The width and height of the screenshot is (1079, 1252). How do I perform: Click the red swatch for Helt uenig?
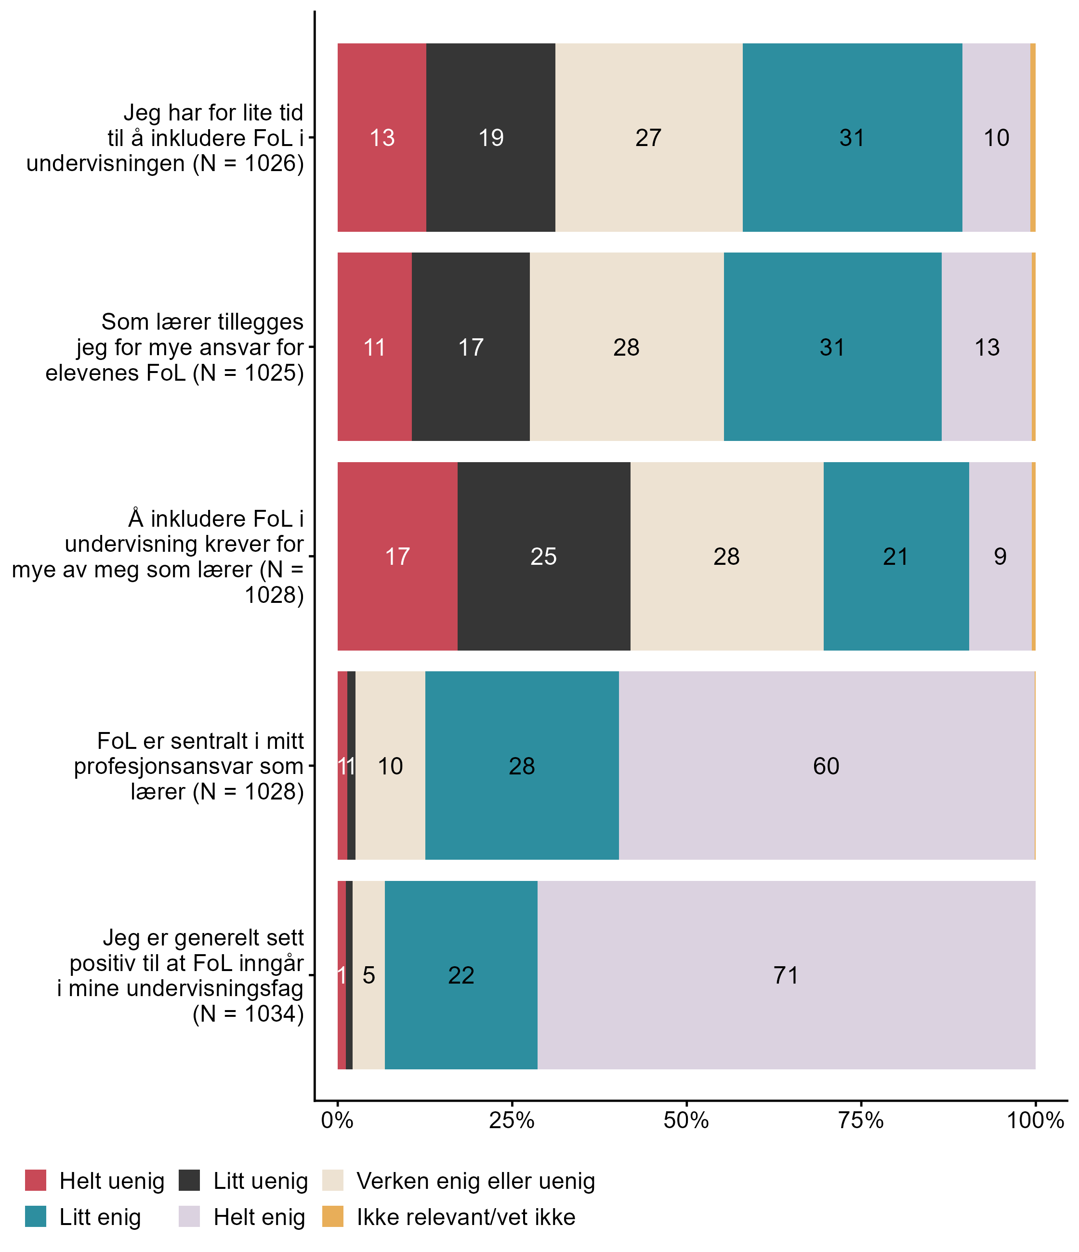coord(36,1181)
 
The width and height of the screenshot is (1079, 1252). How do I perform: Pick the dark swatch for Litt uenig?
coord(190,1181)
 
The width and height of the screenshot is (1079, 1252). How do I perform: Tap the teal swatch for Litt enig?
coord(36,1217)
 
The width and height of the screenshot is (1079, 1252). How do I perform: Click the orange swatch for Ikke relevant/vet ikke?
coord(333,1217)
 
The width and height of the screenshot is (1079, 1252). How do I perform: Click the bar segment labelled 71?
coord(786,975)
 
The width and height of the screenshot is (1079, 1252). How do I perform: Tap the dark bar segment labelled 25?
coord(544,557)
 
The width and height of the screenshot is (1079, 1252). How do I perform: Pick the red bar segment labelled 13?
coord(382,138)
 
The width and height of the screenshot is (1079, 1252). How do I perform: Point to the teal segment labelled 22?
coord(461,975)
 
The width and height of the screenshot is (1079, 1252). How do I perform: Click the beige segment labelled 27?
coord(648,138)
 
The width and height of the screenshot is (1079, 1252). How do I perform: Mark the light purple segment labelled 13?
coord(987,347)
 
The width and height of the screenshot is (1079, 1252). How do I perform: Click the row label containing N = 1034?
coord(181,975)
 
